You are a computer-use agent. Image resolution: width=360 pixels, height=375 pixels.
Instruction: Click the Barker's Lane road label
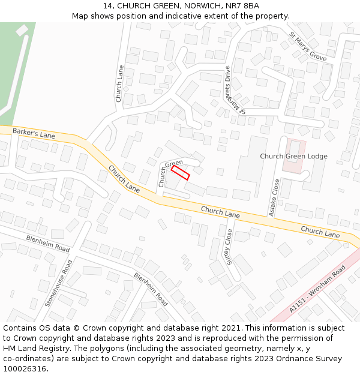pos(34,133)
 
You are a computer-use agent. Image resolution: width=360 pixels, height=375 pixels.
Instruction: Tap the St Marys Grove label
pos(308,46)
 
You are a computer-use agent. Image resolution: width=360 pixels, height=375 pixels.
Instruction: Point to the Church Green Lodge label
pos(293,156)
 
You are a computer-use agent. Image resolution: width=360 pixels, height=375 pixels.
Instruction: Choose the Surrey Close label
pos(229,246)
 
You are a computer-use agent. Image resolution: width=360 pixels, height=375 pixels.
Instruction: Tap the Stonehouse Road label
pos(58,283)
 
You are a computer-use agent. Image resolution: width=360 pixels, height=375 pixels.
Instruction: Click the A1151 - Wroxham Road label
pos(317,290)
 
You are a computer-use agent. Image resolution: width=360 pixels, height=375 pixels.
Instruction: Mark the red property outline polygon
pos(180,173)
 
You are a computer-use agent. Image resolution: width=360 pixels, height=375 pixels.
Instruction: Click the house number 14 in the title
pos(107,6)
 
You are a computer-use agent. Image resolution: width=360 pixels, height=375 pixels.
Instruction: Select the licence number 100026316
pos(25,369)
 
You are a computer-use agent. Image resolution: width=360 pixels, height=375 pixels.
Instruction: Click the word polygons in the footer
pos(124,349)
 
